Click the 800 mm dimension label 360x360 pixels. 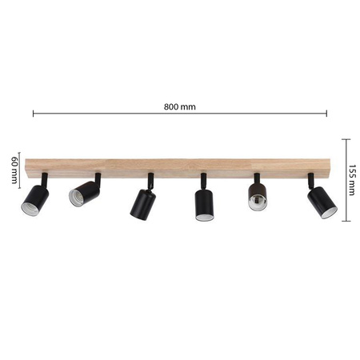pos(179,106)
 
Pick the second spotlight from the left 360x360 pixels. pos(82,193)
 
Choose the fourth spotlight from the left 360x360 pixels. pos(202,204)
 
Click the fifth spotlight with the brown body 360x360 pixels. pos(258,197)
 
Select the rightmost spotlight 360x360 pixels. pos(321,202)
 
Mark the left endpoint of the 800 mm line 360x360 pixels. pos(34,114)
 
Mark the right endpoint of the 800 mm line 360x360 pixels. pos(326,114)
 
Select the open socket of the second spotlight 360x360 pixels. pos(76,197)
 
